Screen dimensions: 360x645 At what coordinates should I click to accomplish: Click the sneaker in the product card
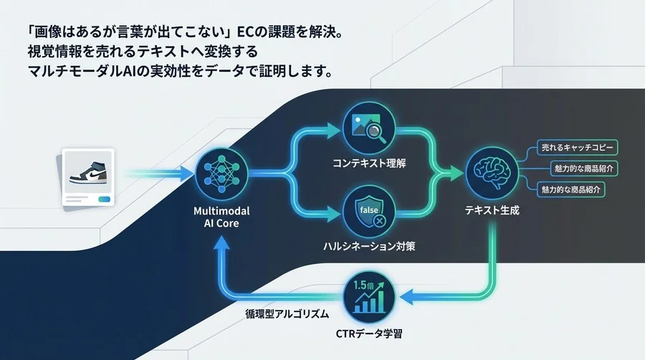click(88, 173)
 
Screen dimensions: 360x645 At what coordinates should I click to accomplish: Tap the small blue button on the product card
click(105, 199)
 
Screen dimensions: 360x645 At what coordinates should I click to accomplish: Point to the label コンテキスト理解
click(369, 164)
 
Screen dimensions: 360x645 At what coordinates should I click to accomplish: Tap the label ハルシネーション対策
click(369, 246)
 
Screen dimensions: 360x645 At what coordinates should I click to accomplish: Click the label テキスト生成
click(492, 212)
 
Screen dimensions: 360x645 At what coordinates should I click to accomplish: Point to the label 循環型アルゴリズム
click(287, 314)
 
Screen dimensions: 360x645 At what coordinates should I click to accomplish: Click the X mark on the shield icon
click(380, 220)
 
